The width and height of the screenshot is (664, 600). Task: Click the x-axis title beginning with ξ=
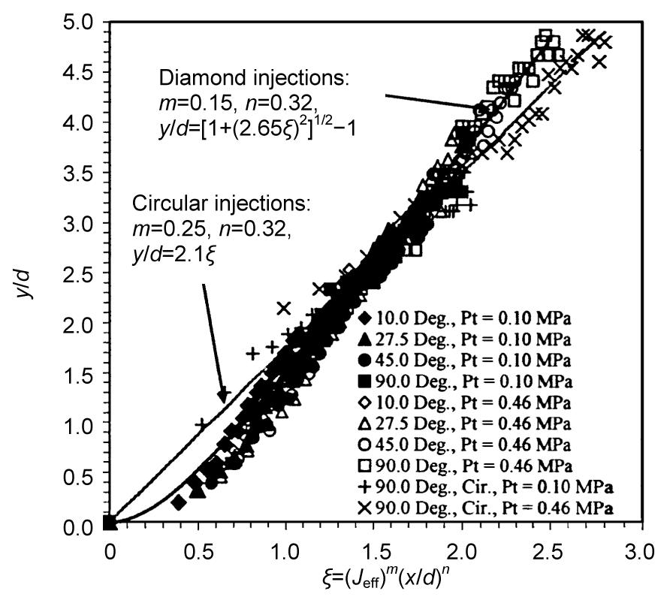[x=368, y=580]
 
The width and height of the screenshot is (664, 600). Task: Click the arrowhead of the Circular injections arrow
[x=222, y=399]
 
